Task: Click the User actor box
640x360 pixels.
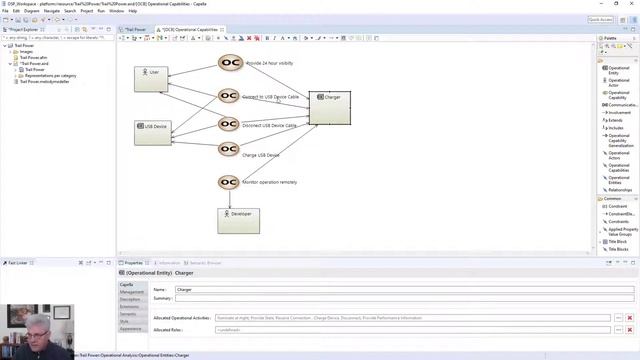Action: [153, 79]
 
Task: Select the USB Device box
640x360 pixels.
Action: [153, 132]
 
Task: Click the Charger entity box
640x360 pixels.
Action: [329, 107]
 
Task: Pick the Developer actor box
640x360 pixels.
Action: [238, 220]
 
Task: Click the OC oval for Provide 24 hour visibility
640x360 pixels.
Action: [229, 63]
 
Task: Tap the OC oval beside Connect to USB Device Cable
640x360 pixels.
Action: [229, 97]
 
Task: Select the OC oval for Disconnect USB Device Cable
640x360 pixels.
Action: [229, 125]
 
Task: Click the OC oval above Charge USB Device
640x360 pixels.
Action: [229, 149]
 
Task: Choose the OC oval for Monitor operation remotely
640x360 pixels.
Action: [229, 182]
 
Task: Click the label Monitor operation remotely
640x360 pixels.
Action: [270, 182]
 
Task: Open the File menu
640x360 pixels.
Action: [6, 11]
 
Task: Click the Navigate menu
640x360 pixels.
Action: [51, 11]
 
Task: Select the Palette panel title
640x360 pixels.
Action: [609, 38]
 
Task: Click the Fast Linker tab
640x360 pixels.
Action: [18, 263]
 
